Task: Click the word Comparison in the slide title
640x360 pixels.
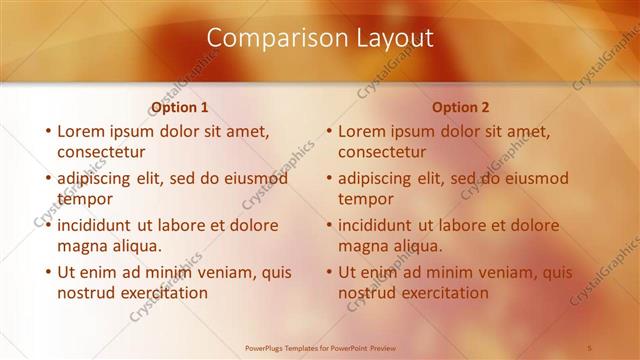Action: tap(267, 38)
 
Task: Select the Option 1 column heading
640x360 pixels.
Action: tap(179, 107)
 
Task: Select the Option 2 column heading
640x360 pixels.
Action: tap(460, 107)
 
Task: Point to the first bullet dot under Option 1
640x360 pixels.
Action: tap(48, 131)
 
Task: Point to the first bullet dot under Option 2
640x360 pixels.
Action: tap(329, 131)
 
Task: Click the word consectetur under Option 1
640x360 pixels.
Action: tap(102, 152)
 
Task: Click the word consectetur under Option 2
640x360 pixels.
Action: tap(383, 152)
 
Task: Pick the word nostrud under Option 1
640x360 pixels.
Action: tap(88, 293)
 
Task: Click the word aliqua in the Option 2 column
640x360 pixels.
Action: tap(420, 246)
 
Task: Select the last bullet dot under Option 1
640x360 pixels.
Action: tap(48, 271)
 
